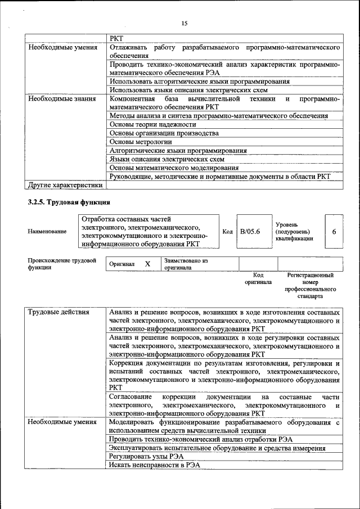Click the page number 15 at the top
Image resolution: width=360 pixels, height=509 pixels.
point(184,23)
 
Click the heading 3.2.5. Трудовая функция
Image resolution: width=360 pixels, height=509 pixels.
point(69,202)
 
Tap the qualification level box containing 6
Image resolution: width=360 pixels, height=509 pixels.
point(334,231)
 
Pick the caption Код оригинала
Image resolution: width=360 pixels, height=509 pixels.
point(258,278)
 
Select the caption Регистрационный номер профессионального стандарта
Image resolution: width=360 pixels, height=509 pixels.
point(310,285)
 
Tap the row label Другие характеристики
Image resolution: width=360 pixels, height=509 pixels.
point(65,184)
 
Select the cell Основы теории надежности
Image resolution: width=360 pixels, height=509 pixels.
point(152,124)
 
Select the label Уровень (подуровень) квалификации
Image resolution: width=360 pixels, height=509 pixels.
point(294,231)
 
